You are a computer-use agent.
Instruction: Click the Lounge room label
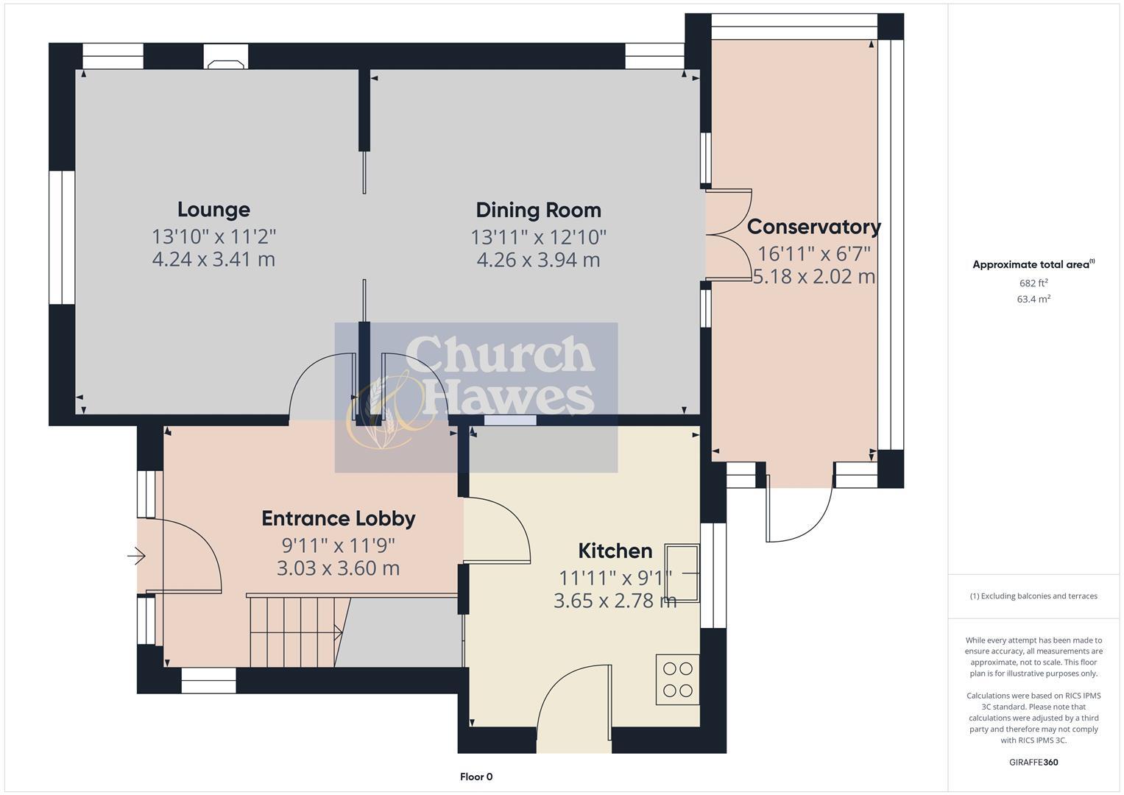click(213, 210)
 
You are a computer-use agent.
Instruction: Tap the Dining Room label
click(538, 211)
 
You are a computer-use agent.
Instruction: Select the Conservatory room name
click(813, 227)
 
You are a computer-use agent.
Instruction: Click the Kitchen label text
click(615, 551)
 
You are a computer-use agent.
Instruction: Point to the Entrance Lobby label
click(339, 518)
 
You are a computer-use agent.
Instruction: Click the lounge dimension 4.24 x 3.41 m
click(213, 259)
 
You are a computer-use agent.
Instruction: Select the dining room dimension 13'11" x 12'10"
click(538, 237)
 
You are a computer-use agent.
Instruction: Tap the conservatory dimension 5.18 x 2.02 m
click(813, 277)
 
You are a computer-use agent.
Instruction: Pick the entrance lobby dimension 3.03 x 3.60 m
click(339, 568)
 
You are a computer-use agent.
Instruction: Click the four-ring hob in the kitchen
click(677, 679)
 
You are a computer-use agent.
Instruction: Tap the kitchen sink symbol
click(682, 572)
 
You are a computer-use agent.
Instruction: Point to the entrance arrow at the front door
click(137, 556)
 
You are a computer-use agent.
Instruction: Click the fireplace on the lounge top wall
click(226, 57)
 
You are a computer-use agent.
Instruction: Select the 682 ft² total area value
click(1033, 283)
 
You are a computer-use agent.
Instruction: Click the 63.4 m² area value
click(1033, 299)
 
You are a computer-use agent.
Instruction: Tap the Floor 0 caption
click(476, 777)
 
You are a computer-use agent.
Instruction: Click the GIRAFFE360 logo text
click(1033, 762)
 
